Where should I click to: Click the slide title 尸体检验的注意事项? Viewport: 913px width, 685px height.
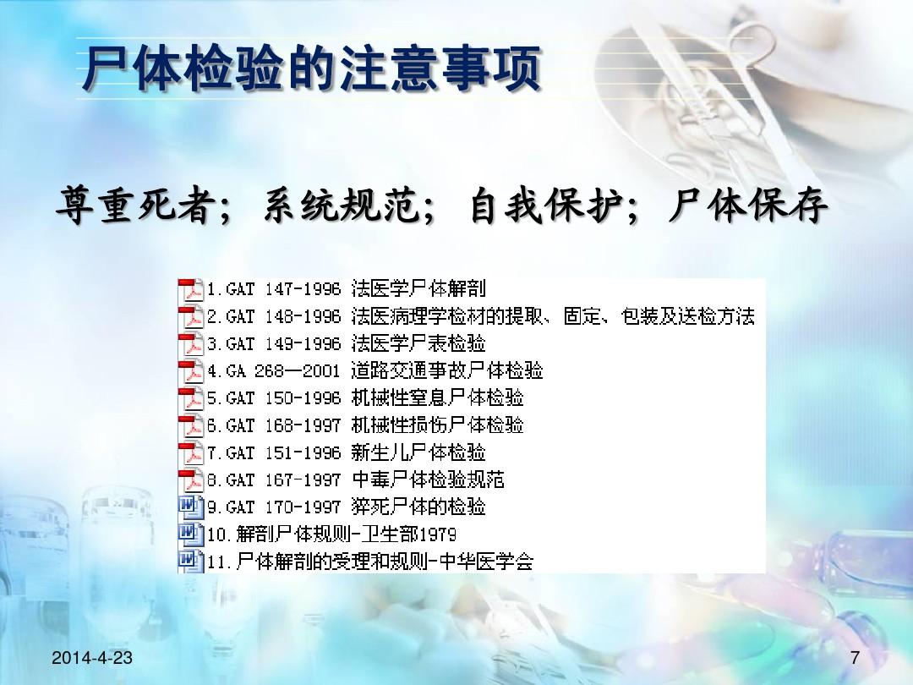311,68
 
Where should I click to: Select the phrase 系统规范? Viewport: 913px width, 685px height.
341,205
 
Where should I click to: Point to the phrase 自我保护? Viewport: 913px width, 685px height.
546,205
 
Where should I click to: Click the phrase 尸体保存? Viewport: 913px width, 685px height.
748,205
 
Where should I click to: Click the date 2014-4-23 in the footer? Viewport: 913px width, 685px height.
92,658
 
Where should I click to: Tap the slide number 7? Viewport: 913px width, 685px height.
855,658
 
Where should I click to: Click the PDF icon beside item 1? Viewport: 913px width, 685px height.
190,289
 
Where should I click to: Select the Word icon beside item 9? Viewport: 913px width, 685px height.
190,507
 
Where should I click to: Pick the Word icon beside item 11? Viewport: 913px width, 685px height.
190,562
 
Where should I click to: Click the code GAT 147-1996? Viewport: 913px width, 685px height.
283,289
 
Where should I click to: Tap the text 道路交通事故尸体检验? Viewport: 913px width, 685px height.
447,370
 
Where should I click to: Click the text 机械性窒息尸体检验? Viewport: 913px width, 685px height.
437,397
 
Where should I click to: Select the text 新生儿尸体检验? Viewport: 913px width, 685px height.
418,452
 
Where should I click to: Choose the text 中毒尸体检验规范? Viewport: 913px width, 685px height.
428,479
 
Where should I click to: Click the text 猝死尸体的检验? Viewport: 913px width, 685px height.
418,507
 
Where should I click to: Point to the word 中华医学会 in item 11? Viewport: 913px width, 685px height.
486,562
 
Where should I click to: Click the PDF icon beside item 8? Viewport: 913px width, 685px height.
190,480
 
